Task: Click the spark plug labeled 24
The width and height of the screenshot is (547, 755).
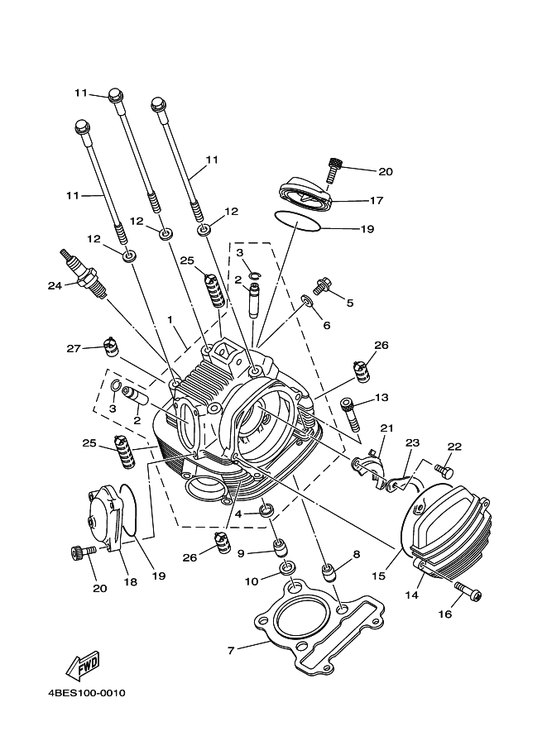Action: click(x=82, y=273)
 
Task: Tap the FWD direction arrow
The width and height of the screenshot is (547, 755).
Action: click(x=83, y=666)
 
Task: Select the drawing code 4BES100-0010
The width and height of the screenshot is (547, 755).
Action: click(x=87, y=693)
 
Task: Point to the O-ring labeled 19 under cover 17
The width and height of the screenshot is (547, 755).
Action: click(x=297, y=222)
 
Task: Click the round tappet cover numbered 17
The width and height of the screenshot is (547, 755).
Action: click(x=305, y=193)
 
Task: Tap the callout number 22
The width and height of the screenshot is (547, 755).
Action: click(x=454, y=447)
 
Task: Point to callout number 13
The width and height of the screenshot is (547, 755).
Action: click(x=381, y=398)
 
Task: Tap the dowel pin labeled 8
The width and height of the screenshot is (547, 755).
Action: click(x=329, y=573)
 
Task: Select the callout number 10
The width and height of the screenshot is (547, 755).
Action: click(x=252, y=581)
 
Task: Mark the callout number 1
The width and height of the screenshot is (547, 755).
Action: click(x=170, y=319)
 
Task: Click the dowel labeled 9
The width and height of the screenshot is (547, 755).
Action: click(x=280, y=547)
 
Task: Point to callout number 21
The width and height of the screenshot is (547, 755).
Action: click(x=387, y=428)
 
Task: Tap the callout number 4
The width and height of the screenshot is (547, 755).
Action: click(x=238, y=514)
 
